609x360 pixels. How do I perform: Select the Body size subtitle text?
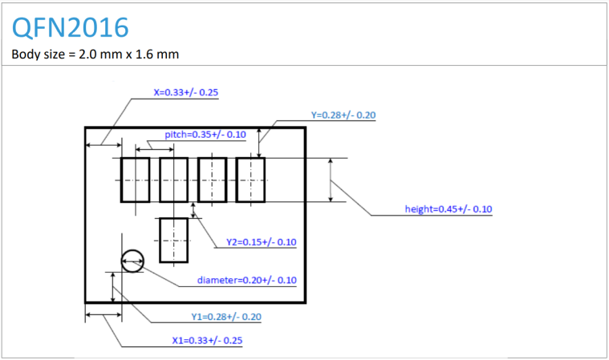95,55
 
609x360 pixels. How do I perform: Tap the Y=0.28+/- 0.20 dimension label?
343,115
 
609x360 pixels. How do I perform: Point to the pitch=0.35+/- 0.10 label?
205,134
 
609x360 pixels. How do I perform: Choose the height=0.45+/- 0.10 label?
448,209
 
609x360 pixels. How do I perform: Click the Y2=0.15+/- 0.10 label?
261,242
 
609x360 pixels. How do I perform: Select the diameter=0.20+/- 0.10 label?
247,280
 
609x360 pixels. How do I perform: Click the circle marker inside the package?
132,260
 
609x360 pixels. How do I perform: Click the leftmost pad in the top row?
135,180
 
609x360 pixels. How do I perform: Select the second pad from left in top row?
173,180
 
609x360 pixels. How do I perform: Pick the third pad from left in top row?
212,180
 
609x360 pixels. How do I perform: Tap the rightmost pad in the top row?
250,180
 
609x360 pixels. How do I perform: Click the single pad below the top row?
173,240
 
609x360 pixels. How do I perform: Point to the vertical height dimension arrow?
331,180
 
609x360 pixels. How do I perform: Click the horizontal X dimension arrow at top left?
103,145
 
